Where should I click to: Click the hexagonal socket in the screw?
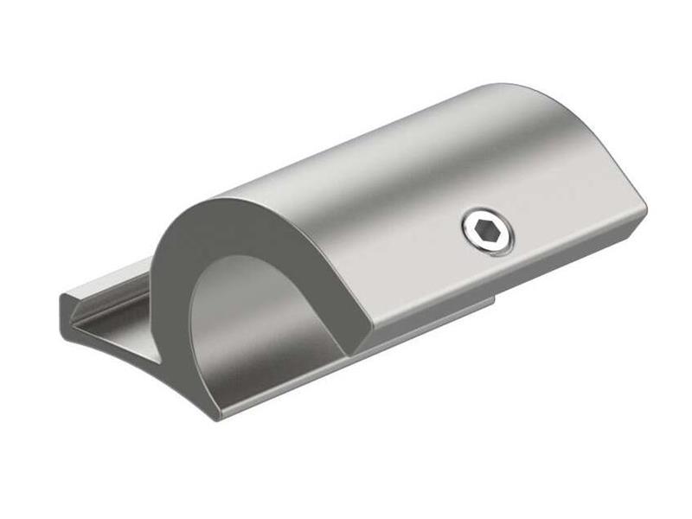coord(487,231)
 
